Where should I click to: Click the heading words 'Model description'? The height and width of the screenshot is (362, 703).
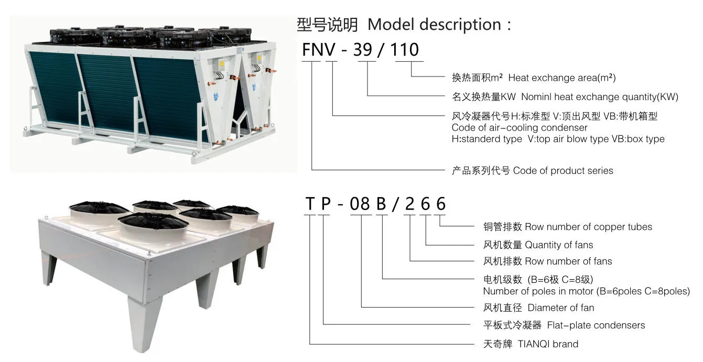[434, 25]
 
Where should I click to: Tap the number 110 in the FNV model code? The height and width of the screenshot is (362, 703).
[405, 50]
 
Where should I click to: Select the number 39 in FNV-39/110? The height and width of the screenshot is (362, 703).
[362, 50]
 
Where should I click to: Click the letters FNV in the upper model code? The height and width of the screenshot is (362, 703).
[319, 50]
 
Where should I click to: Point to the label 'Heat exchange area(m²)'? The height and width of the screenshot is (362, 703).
[562, 78]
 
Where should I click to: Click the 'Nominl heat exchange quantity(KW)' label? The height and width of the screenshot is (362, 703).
[600, 96]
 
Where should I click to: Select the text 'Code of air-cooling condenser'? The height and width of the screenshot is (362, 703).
[520, 128]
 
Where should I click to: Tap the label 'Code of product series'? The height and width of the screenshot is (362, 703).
[563, 171]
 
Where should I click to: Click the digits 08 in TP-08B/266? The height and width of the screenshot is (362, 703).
[360, 204]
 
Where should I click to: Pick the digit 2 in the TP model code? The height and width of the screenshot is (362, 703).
[409, 204]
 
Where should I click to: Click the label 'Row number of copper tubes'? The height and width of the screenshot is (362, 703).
[588, 227]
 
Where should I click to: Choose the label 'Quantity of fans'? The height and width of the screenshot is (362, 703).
[559, 245]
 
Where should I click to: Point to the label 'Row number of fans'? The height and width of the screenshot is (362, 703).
[568, 261]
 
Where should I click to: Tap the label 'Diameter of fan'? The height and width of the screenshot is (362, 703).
[561, 308]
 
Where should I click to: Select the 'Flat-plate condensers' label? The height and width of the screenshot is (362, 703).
[596, 325]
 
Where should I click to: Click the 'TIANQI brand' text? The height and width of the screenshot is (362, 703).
[548, 344]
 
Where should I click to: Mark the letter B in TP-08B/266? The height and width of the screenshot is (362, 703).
[381, 204]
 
